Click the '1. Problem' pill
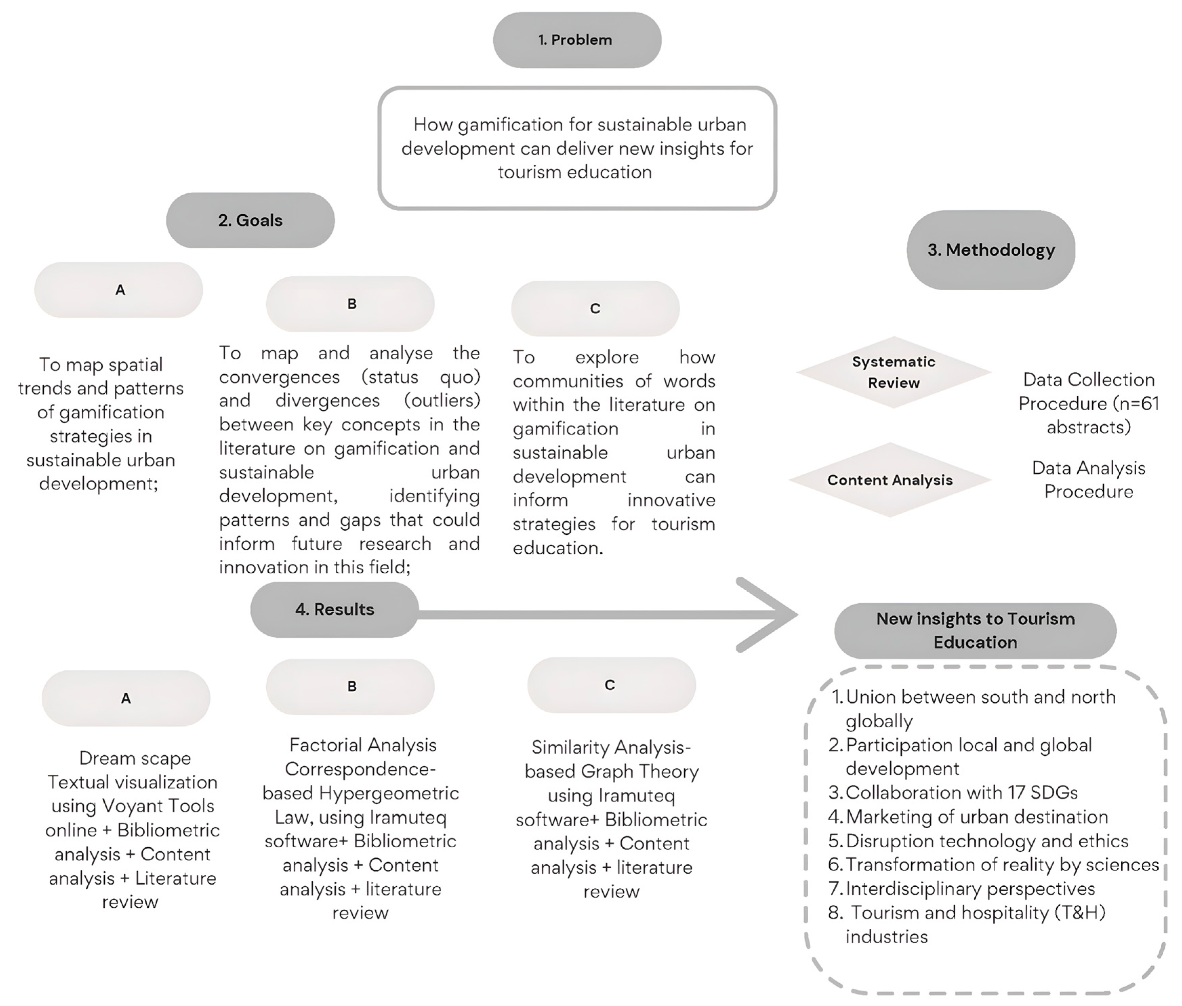tap(577, 40)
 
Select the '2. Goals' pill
tap(250, 220)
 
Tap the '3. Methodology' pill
tap(991, 250)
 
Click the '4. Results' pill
tap(334, 609)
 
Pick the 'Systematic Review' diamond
tap(893, 372)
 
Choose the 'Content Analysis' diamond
tap(890, 480)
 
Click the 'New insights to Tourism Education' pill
tap(975, 630)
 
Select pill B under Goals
tap(351, 304)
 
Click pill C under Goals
tap(595, 309)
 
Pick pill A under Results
tap(126, 698)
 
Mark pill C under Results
tap(611, 685)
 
